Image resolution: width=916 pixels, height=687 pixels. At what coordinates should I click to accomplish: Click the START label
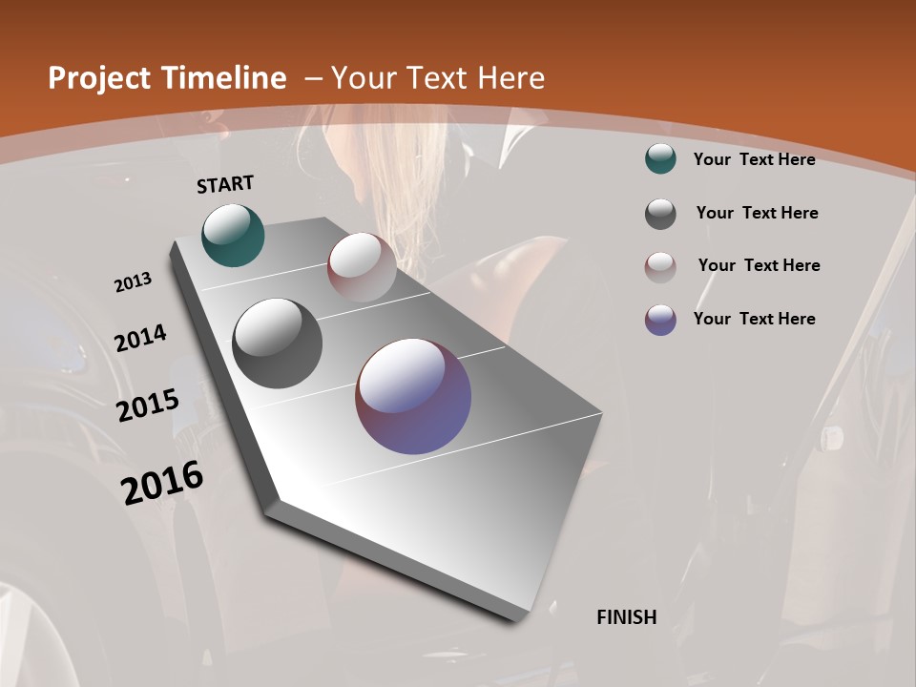[225, 184]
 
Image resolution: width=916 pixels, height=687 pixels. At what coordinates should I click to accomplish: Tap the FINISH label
[626, 617]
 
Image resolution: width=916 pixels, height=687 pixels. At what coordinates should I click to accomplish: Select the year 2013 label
[133, 282]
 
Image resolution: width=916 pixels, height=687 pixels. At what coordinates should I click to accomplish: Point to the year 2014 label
[140, 339]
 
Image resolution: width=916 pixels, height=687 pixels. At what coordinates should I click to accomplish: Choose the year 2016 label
[162, 483]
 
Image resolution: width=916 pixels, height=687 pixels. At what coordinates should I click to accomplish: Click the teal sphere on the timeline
[234, 235]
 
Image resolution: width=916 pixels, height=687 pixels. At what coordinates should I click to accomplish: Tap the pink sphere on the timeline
[362, 267]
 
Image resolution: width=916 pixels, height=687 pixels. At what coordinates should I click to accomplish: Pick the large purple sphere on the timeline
[413, 396]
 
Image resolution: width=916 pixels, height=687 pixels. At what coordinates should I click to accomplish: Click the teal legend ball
[660, 159]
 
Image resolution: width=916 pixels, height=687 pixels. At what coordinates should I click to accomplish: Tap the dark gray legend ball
[660, 214]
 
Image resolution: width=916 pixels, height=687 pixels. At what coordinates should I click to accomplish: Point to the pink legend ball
[660, 267]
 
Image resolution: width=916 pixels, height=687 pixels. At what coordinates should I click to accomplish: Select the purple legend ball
[660, 320]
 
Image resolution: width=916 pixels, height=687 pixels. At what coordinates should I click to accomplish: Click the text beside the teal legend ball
[754, 159]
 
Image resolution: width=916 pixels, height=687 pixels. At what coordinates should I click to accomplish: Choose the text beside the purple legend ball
[754, 319]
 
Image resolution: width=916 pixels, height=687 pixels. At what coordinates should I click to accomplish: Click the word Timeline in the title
[225, 78]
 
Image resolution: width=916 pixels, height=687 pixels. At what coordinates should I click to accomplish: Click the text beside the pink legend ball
[759, 265]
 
